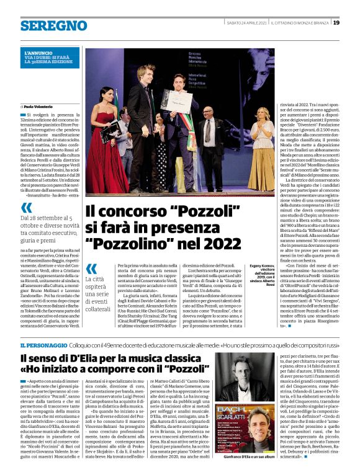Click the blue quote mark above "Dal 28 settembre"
pos(26,208)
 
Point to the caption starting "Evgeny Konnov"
pos(260,275)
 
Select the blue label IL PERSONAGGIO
pos(40,345)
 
